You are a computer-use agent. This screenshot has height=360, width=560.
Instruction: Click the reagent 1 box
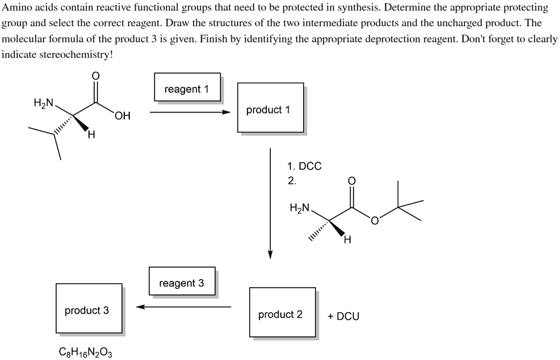pos(187,87)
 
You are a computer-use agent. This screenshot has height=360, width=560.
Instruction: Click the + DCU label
pos(343,316)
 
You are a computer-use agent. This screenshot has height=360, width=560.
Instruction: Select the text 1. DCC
pos(304,166)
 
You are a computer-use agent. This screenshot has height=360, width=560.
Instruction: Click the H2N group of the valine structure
pos(43,103)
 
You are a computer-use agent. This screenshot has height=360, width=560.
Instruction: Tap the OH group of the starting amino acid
pos(123,116)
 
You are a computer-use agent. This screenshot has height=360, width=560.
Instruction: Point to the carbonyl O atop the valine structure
pos(95,75)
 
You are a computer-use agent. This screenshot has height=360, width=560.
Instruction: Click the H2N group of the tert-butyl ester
pos(300,208)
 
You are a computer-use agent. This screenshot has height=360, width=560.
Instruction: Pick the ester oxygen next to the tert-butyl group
pos(375,222)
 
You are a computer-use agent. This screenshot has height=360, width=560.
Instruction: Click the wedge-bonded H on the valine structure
pos(91,134)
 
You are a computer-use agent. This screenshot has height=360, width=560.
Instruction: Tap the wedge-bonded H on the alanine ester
pos(347,240)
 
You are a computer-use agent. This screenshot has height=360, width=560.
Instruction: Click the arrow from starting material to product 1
pos(189,112)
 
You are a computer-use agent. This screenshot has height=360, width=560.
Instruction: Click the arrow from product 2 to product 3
pos(184,307)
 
